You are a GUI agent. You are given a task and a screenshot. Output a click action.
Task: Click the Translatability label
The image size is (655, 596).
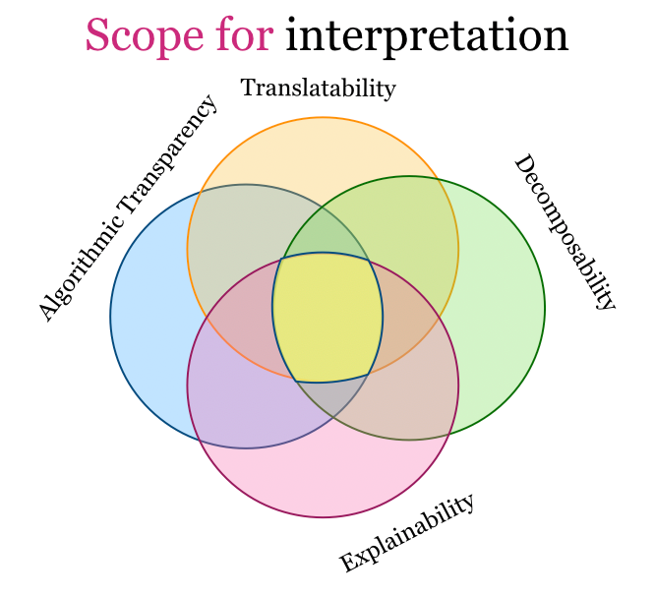point(318,89)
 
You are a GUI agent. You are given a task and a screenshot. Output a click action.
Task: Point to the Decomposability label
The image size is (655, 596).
point(565,232)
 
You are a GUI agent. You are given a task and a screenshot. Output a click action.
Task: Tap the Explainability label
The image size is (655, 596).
point(406,534)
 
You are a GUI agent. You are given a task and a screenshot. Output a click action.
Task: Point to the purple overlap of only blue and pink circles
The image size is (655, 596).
point(236,403)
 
